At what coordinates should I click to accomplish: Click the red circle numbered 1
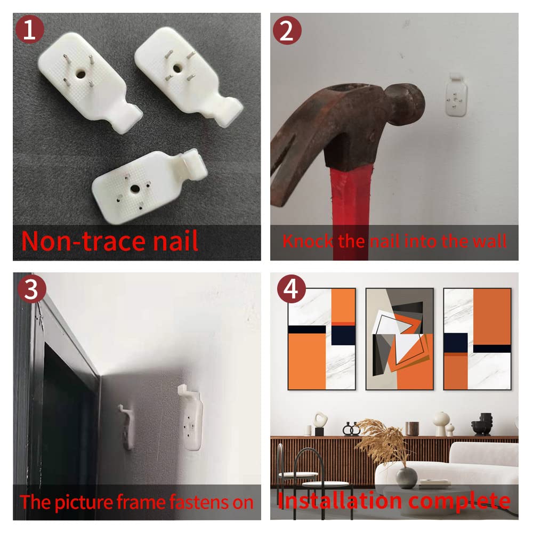[x=29, y=29]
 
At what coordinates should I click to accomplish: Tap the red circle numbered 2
[x=287, y=30]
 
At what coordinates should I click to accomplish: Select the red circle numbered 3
[x=31, y=289]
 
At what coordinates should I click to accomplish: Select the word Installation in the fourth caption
[x=341, y=500]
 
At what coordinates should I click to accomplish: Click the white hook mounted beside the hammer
[x=456, y=95]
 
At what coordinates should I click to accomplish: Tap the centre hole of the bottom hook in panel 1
[x=135, y=188]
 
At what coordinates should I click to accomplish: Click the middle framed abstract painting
[x=399, y=339]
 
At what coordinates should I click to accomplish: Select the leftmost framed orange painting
[x=321, y=339]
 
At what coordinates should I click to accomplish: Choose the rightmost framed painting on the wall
[x=477, y=339]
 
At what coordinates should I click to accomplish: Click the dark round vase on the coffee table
[x=407, y=478]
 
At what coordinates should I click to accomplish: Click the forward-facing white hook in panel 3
[x=191, y=417]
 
